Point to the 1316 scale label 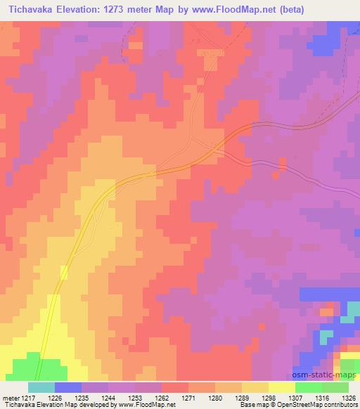click(x=321, y=397)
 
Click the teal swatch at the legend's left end click(x=41, y=387)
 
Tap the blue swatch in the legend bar click(x=68, y=387)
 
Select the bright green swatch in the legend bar click(x=309, y=387)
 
